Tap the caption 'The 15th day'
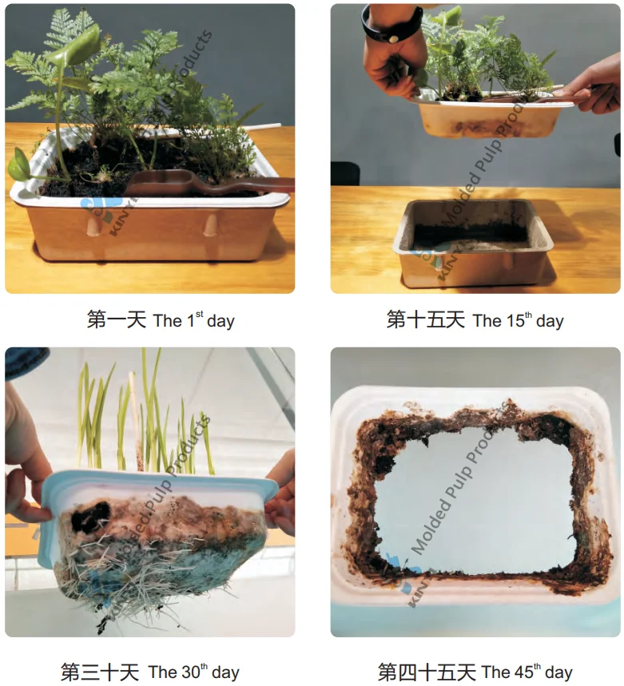(518, 321)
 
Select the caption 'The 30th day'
(193, 672)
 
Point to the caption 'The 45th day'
(527, 672)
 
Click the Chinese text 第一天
(116, 320)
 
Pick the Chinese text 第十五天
(426, 320)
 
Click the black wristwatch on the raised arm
(391, 24)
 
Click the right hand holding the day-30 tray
(281, 495)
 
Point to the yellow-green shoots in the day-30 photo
(144, 415)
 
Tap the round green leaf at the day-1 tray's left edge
(20, 166)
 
